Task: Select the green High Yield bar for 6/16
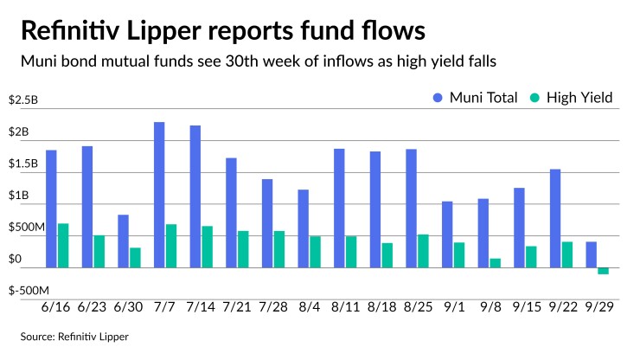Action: tap(63, 246)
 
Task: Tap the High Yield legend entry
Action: tap(572, 98)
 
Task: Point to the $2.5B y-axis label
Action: tap(23, 100)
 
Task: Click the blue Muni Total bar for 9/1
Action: tap(447, 235)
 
